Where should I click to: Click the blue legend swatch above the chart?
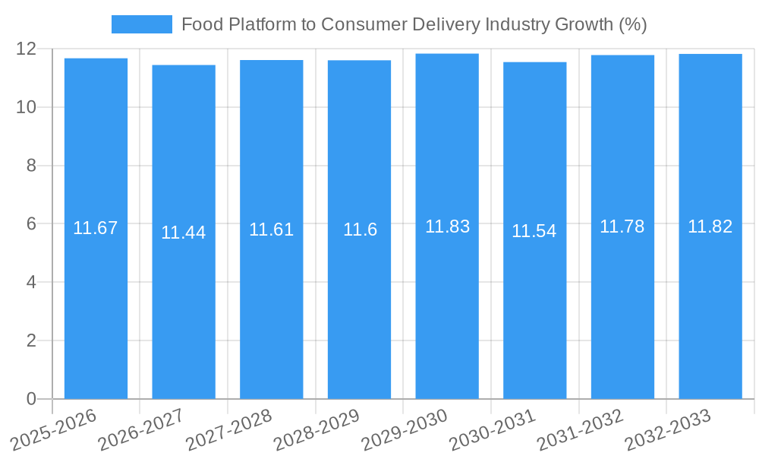(141, 24)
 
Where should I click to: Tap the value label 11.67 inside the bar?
(96, 228)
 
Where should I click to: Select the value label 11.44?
(183, 233)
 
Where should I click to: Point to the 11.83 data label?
(447, 226)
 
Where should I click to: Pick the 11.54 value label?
(534, 232)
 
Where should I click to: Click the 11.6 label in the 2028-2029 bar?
(360, 230)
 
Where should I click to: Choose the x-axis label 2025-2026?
(55, 428)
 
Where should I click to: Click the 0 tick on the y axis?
(31, 399)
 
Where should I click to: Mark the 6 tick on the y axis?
(31, 224)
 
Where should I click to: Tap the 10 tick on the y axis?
(27, 107)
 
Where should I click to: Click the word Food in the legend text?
(200, 24)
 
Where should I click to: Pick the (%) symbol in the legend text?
(632, 24)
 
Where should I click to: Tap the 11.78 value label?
(622, 226)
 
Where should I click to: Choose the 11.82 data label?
(710, 226)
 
